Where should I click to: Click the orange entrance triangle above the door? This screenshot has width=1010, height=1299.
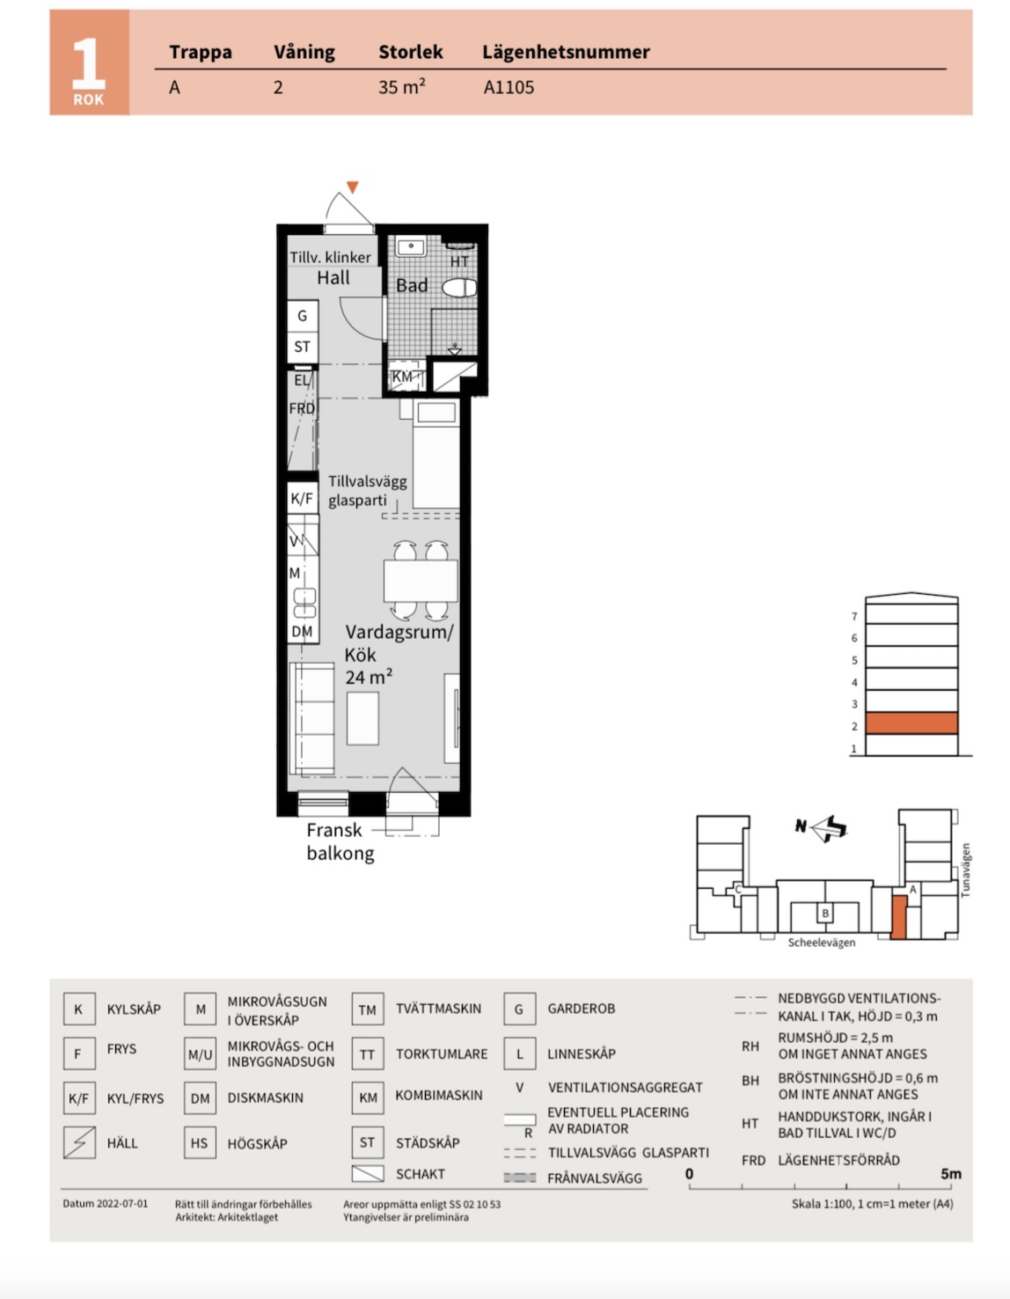coord(353,187)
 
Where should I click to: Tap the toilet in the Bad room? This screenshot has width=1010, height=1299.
coord(459,288)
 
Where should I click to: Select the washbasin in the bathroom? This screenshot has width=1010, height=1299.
coord(411,246)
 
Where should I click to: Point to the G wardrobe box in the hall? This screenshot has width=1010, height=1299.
coord(303,316)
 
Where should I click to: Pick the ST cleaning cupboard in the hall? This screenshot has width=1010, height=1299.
coord(303,347)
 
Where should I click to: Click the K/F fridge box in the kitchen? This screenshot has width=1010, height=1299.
coord(302,498)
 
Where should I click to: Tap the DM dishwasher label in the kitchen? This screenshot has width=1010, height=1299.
coord(302,631)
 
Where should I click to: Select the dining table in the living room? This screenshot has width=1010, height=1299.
coord(421,581)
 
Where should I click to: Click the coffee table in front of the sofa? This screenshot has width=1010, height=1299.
coord(362,718)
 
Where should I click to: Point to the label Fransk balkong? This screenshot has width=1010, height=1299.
coord(340,841)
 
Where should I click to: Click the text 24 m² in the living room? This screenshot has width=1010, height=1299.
coord(369,677)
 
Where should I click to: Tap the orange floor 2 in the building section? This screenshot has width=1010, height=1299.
coord(911,723)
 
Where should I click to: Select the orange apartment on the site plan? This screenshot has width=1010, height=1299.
coord(899,917)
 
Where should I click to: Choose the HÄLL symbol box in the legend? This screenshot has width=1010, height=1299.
coord(79,1142)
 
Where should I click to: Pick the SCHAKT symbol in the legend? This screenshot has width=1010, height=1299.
coord(368,1173)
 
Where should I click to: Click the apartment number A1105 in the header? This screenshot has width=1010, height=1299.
coord(509,87)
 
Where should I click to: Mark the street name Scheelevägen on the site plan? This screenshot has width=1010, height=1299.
coord(821,943)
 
